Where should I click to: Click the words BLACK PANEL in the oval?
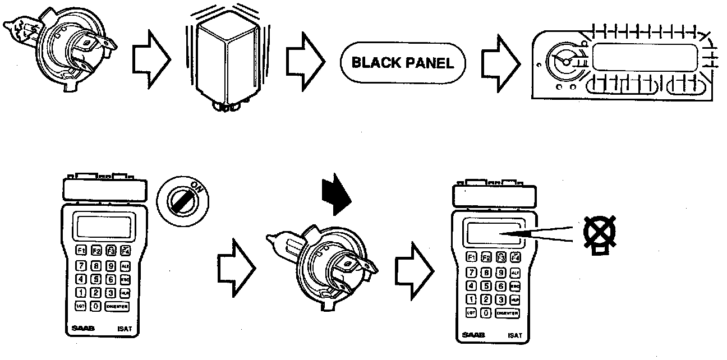pos(402,63)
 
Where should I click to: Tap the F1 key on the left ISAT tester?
pos(81,251)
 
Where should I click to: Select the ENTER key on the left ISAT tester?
pos(116,306)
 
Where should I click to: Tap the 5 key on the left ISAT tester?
pos(96,279)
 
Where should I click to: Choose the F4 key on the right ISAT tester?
pos(515,258)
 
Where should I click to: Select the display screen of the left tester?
pos(105,227)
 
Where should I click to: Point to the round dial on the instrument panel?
pos(567,62)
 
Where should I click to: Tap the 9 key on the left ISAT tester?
pos(111,265)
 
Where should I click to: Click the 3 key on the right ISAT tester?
pos(501,299)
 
